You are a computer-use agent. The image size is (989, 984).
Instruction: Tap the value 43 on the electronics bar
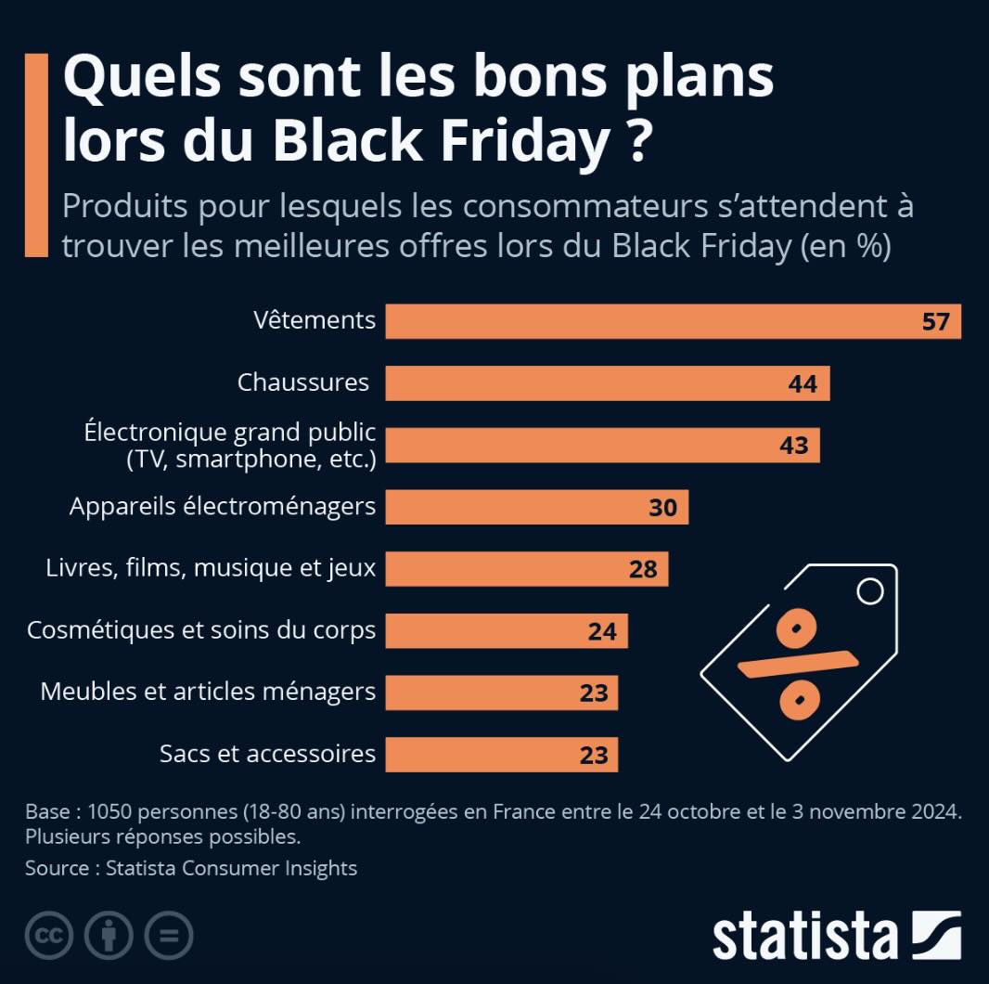[793, 446]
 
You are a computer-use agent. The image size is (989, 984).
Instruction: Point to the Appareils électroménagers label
[223, 507]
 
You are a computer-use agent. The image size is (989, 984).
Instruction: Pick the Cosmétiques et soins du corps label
[201, 630]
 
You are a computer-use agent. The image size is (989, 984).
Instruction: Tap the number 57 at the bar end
[935, 322]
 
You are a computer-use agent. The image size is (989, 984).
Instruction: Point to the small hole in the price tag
[869, 591]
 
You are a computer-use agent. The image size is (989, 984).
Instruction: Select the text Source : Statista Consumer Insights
[191, 868]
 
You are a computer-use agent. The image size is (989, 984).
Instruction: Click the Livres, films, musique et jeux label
[211, 568]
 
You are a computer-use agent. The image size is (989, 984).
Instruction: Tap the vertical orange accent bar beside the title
[36, 154]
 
